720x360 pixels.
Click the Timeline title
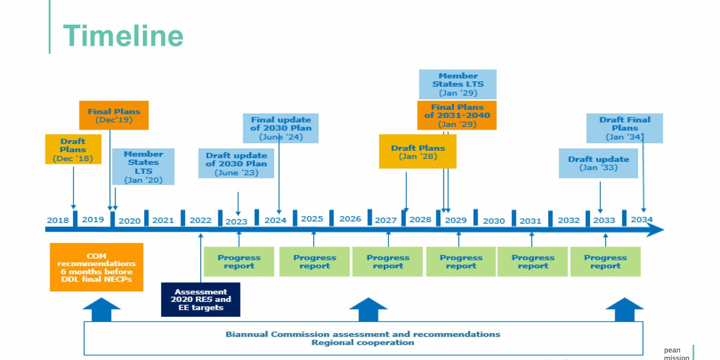point(123,36)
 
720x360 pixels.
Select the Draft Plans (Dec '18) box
point(73,149)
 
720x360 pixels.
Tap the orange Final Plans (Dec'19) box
point(114,115)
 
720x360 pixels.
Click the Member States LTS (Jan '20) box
point(143,166)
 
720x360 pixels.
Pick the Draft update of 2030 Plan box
point(236,164)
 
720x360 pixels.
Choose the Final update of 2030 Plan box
point(281,128)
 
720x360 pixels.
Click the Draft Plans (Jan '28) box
point(418,152)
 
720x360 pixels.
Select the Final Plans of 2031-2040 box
point(457,115)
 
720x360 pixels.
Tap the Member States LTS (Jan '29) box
point(458,84)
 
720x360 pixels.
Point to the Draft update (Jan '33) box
point(598,163)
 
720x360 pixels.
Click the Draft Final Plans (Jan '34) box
point(624,128)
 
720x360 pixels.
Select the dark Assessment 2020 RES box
point(201,300)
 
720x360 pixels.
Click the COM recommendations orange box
point(96,267)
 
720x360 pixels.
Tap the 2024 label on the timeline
point(275,220)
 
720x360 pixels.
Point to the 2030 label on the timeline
point(494,221)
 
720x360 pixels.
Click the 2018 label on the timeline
point(58,220)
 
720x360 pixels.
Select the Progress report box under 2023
point(239,261)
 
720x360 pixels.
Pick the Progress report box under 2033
point(605,261)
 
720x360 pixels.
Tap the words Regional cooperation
point(363,342)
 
